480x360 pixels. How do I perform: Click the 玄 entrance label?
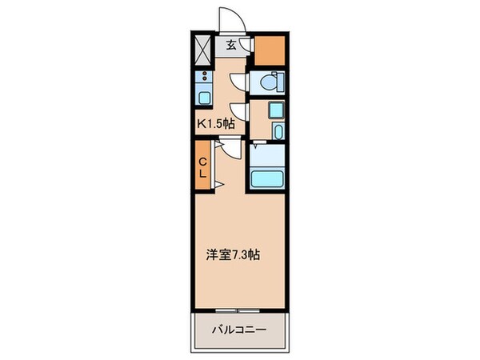(x=230, y=46)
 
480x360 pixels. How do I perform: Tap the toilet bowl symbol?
(x=269, y=82)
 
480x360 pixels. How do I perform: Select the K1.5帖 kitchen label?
(x=216, y=124)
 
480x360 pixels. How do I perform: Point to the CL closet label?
(x=203, y=166)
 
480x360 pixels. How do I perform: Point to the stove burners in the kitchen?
(x=204, y=78)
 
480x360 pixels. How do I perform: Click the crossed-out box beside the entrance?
(x=204, y=49)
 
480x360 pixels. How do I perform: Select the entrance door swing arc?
(x=233, y=18)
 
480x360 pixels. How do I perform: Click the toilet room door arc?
(x=238, y=82)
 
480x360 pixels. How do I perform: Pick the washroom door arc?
(x=238, y=113)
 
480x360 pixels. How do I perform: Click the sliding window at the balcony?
(x=238, y=308)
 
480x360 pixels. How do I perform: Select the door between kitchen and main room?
(x=230, y=148)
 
